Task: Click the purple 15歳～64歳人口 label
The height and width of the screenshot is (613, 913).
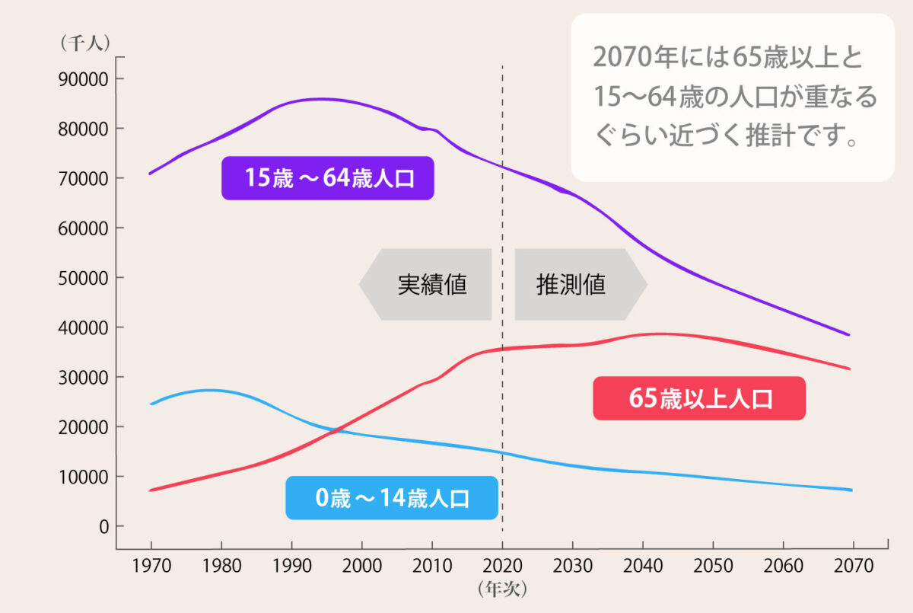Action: pyautogui.click(x=327, y=178)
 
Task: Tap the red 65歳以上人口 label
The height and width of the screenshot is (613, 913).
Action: pyautogui.click(x=698, y=398)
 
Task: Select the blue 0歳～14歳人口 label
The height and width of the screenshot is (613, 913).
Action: pyautogui.click(x=391, y=499)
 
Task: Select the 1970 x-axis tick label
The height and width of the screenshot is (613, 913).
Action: pyautogui.click(x=151, y=567)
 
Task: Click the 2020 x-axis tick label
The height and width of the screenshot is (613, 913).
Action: pyautogui.click(x=502, y=567)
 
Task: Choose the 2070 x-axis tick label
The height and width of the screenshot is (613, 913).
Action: pyautogui.click(x=853, y=567)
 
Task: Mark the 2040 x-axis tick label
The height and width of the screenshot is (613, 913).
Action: pyautogui.click(x=643, y=567)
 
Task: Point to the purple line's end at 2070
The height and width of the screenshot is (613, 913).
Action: pyautogui.click(x=849, y=334)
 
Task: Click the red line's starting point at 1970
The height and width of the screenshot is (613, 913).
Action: pyautogui.click(x=151, y=490)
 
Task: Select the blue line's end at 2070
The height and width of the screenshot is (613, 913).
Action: pyautogui.click(x=851, y=490)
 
